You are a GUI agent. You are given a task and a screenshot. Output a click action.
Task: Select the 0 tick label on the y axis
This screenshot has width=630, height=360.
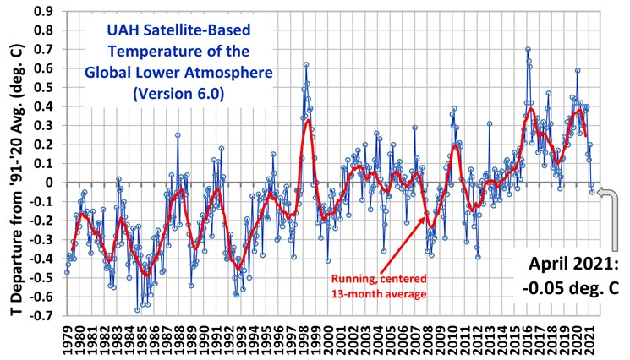48,183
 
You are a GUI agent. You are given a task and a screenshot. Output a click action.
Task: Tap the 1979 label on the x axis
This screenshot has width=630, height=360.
67,336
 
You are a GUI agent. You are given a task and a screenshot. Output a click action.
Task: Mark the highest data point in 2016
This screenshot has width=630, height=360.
528,49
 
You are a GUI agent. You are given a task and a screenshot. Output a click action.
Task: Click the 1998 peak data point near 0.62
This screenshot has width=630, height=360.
305,64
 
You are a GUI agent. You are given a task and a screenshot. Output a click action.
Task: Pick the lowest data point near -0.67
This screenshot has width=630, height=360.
138,310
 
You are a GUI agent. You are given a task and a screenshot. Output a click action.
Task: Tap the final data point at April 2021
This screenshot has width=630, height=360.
592,192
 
